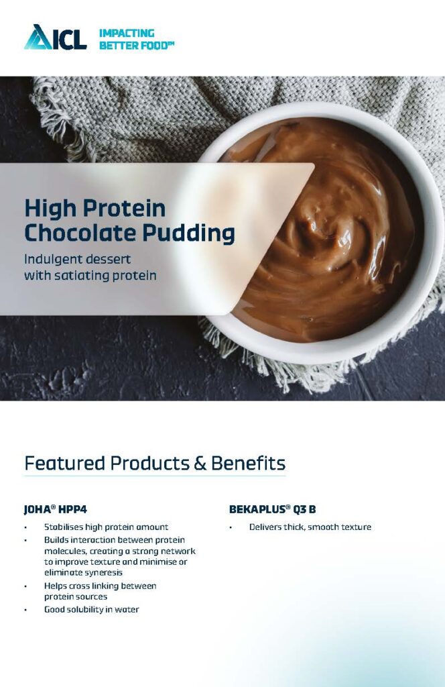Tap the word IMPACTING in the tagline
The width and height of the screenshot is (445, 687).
[127, 33]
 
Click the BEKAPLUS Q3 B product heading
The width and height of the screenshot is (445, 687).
[272, 510]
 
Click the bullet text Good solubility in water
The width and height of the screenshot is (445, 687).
[91, 609]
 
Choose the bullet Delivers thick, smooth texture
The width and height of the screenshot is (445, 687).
[310, 527]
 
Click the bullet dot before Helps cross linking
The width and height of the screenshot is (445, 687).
[25, 586]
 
